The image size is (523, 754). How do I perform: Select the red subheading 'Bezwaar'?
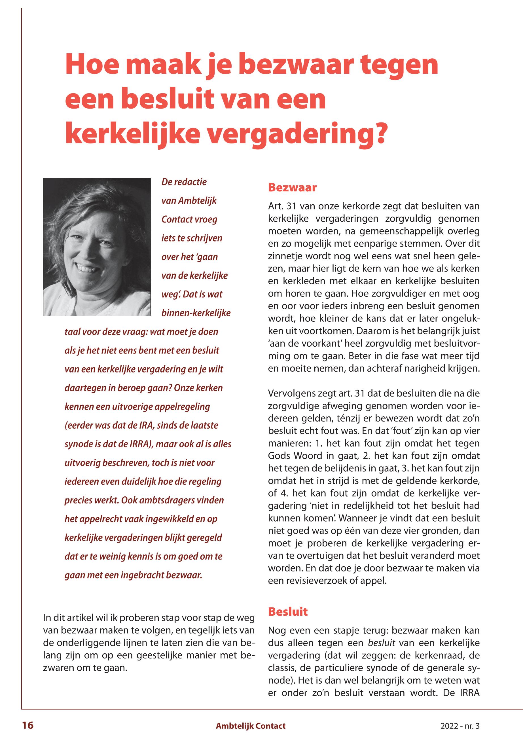pos(292,188)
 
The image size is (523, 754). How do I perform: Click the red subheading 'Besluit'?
pos(288,611)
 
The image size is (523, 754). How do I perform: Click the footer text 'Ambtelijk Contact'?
pos(251,726)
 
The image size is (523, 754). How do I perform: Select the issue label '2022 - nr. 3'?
pos(460,726)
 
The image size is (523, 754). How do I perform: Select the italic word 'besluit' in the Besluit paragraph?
pos(382,643)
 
